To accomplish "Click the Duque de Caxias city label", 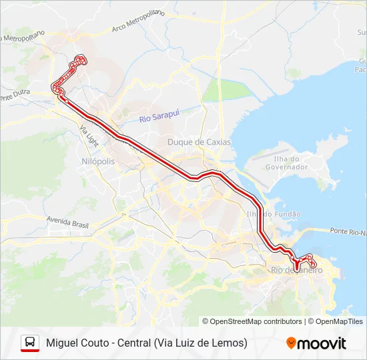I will (199, 142).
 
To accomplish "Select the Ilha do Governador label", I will (290, 162).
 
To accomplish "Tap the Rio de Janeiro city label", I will (297, 270).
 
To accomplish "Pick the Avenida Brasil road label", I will (67, 220).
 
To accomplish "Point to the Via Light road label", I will (88, 136).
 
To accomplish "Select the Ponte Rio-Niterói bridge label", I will (348, 231).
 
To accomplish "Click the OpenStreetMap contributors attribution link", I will (256, 321).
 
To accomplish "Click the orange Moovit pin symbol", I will (291, 343).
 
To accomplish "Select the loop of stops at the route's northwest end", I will (79, 61).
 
